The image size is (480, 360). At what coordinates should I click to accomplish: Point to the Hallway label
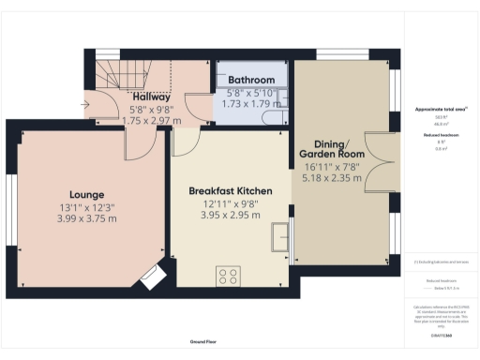pos(150,97)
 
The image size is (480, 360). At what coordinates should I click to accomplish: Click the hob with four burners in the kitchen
pos(228,275)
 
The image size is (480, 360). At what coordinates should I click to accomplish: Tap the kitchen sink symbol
pos(280,236)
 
